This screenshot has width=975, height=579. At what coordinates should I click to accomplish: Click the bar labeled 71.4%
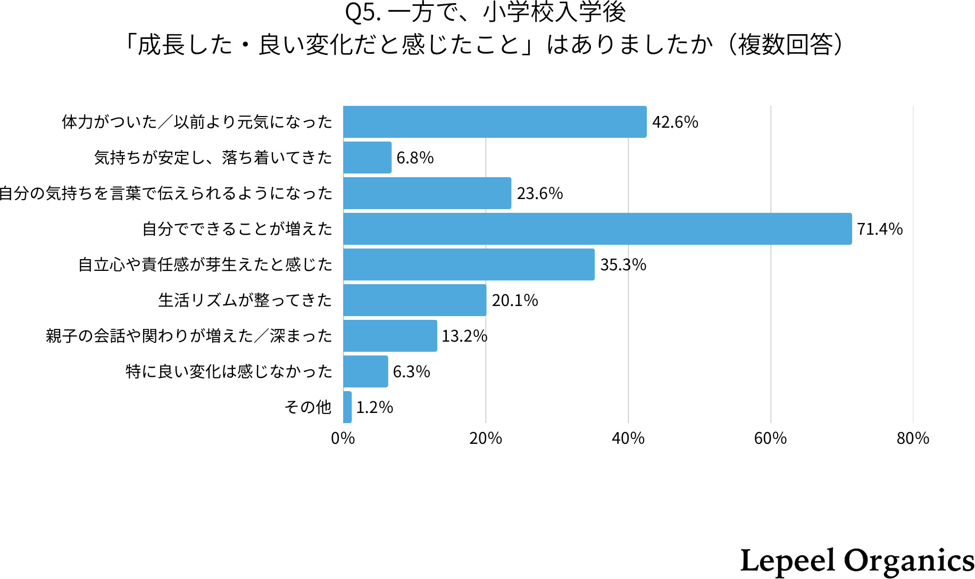597,229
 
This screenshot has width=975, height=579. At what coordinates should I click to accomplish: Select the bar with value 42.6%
495,122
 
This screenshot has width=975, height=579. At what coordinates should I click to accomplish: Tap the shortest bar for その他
347,407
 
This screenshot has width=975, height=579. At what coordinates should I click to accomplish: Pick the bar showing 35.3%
469,264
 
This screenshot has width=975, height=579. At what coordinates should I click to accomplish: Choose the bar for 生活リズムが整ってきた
414,300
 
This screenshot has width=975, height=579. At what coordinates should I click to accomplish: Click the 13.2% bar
390,336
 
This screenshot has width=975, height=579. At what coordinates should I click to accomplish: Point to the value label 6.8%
415,158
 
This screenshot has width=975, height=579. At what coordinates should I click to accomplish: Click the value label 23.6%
539,194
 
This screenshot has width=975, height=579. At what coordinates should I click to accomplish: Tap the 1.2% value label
374,408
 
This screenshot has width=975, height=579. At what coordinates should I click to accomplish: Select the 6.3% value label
411,372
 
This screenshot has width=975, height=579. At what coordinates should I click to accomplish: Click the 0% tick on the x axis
343,439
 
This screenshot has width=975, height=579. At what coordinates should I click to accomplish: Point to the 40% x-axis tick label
628,439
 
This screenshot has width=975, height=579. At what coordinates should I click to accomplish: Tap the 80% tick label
913,439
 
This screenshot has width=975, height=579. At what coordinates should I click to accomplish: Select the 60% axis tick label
770,439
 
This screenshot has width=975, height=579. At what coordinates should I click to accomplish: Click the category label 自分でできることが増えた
237,229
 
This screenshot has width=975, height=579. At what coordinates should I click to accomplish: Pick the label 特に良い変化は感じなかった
229,371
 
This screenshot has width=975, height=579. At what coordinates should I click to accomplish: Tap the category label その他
308,407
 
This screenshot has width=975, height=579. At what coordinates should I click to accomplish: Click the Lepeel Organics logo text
857,560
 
